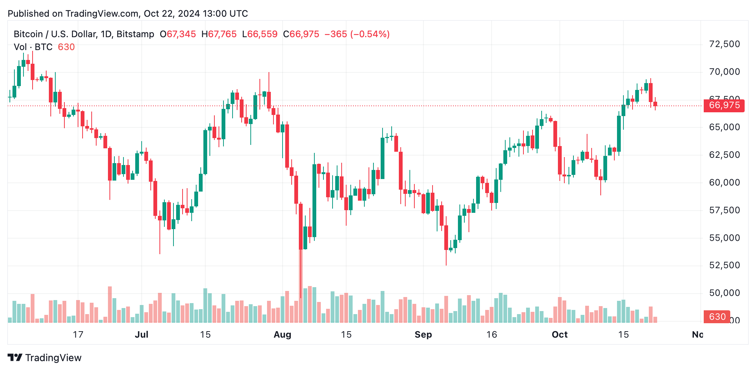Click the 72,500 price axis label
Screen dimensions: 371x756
(724, 44)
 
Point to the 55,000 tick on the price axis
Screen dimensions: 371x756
(724, 238)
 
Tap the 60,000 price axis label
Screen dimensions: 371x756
(724, 182)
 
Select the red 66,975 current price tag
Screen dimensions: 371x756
(724, 105)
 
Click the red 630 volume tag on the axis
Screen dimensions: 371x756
(717, 317)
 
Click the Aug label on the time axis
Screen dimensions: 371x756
(282, 335)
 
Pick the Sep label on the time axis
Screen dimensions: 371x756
(423, 335)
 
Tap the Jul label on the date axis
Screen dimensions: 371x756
(142, 335)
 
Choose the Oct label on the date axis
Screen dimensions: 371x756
(559, 335)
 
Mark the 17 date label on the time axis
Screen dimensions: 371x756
(78, 335)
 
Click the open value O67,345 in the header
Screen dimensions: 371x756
(178, 34)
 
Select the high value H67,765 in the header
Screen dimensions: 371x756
(219, 34)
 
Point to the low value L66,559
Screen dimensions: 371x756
(260, 34)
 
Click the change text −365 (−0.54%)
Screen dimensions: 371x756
(357, 34)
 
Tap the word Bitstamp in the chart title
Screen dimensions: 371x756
(135, 34)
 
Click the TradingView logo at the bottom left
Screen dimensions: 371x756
(44, 358)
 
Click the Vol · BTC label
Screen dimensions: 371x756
(33, 47)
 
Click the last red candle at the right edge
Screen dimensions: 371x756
(655, 104)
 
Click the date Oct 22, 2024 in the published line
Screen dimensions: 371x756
(172, 14)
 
